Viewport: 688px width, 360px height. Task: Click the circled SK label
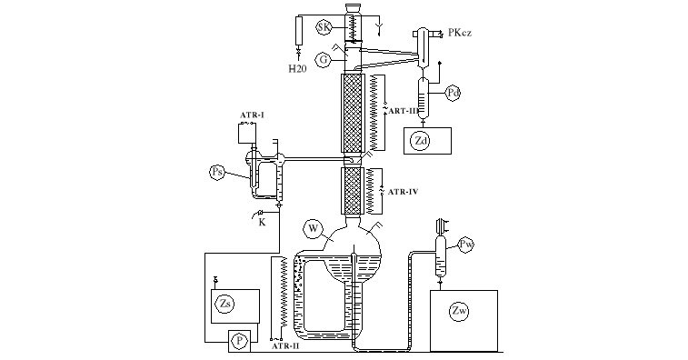click(324, 27)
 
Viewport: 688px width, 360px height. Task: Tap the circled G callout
click(324, 60)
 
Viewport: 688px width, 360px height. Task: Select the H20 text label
click(297, 68)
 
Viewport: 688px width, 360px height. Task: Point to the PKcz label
click(459, 33)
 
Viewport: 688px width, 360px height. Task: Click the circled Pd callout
click(454, 93)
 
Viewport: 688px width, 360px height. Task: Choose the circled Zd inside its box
click(421, 141)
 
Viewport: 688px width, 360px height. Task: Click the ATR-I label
click(252, 115)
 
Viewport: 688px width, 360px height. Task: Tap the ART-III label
click(404, 111)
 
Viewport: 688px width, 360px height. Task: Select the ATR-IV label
click(403, 192)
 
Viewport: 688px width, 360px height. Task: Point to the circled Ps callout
click(217, 172)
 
